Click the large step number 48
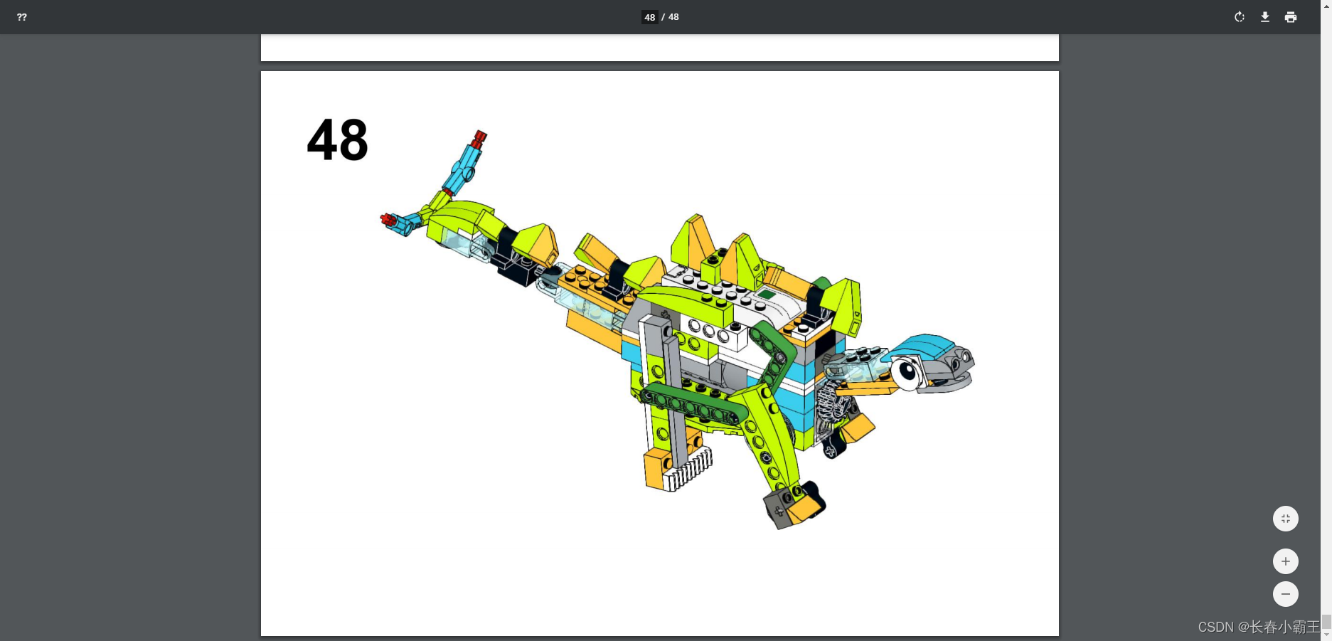(338, 140)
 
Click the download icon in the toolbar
(1265, 17)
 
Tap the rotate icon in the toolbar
(1240, 17)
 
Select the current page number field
(650, 17)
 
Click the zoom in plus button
(1286, 561)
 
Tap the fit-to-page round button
(1286, 519)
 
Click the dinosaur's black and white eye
(907, 372)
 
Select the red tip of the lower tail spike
(388, 220)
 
